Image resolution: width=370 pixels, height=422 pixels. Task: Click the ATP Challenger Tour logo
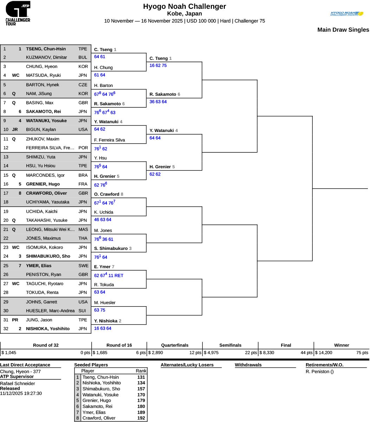[18, 13]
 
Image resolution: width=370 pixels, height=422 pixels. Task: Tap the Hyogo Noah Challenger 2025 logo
[346, 14]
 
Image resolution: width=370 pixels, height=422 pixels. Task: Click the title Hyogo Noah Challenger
[184, 6]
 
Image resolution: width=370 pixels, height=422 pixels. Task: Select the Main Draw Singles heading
[343, 30]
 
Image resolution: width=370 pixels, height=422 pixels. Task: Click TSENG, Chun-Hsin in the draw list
[46, 49]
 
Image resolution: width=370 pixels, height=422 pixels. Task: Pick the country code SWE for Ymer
[83, 266]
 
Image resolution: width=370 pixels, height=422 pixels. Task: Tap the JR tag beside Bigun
[15, 130]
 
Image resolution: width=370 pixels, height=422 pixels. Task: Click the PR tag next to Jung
[15, 320]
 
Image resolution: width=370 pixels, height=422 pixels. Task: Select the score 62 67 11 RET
[109, 276]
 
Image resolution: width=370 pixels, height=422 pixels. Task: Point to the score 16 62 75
[158, 65]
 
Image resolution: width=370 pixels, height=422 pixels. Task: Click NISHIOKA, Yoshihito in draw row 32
[48, 329]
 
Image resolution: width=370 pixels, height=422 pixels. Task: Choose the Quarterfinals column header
[175, 345]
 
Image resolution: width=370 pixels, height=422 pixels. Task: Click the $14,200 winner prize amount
[324, 352]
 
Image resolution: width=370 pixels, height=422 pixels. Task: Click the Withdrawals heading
[248, 365]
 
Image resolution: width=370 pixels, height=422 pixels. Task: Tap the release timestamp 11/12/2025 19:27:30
[21, 393]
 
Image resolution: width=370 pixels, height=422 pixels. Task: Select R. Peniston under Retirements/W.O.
[319, 372]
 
